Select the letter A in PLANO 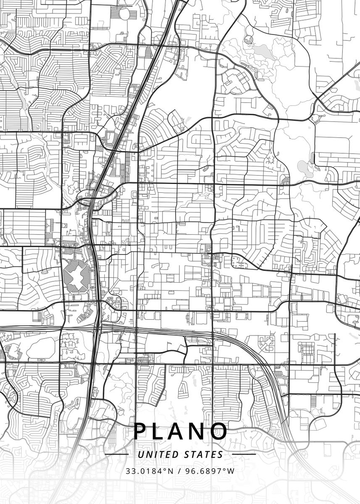click(x=180, y=431)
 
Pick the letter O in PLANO click(x=220, y=431)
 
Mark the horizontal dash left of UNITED click(x=117, y=454)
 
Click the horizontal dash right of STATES click(x=244, y=454)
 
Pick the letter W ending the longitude click(x=231, y=471)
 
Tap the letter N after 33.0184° click(x=170, y=471)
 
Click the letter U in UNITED click(x=140, y=454)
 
